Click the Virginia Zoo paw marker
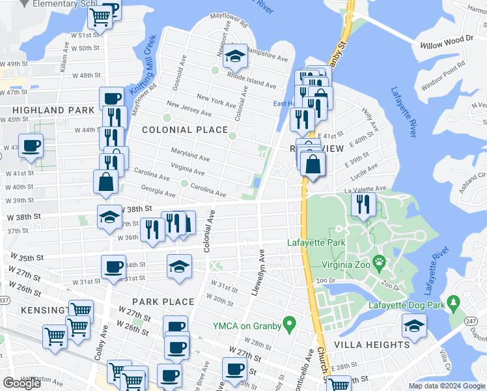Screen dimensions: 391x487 click(x=379, y=264)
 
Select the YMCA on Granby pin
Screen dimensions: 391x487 click(x=292, y=323)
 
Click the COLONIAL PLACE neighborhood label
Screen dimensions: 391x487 click(x=185, y=130)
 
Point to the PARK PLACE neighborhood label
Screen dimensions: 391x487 click(x=163, y=302)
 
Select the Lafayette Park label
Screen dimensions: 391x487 click(x=316, y=243)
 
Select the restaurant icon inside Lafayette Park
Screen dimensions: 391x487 click(x=363, y=204)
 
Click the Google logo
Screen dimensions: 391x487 click(x=21, y=384)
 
